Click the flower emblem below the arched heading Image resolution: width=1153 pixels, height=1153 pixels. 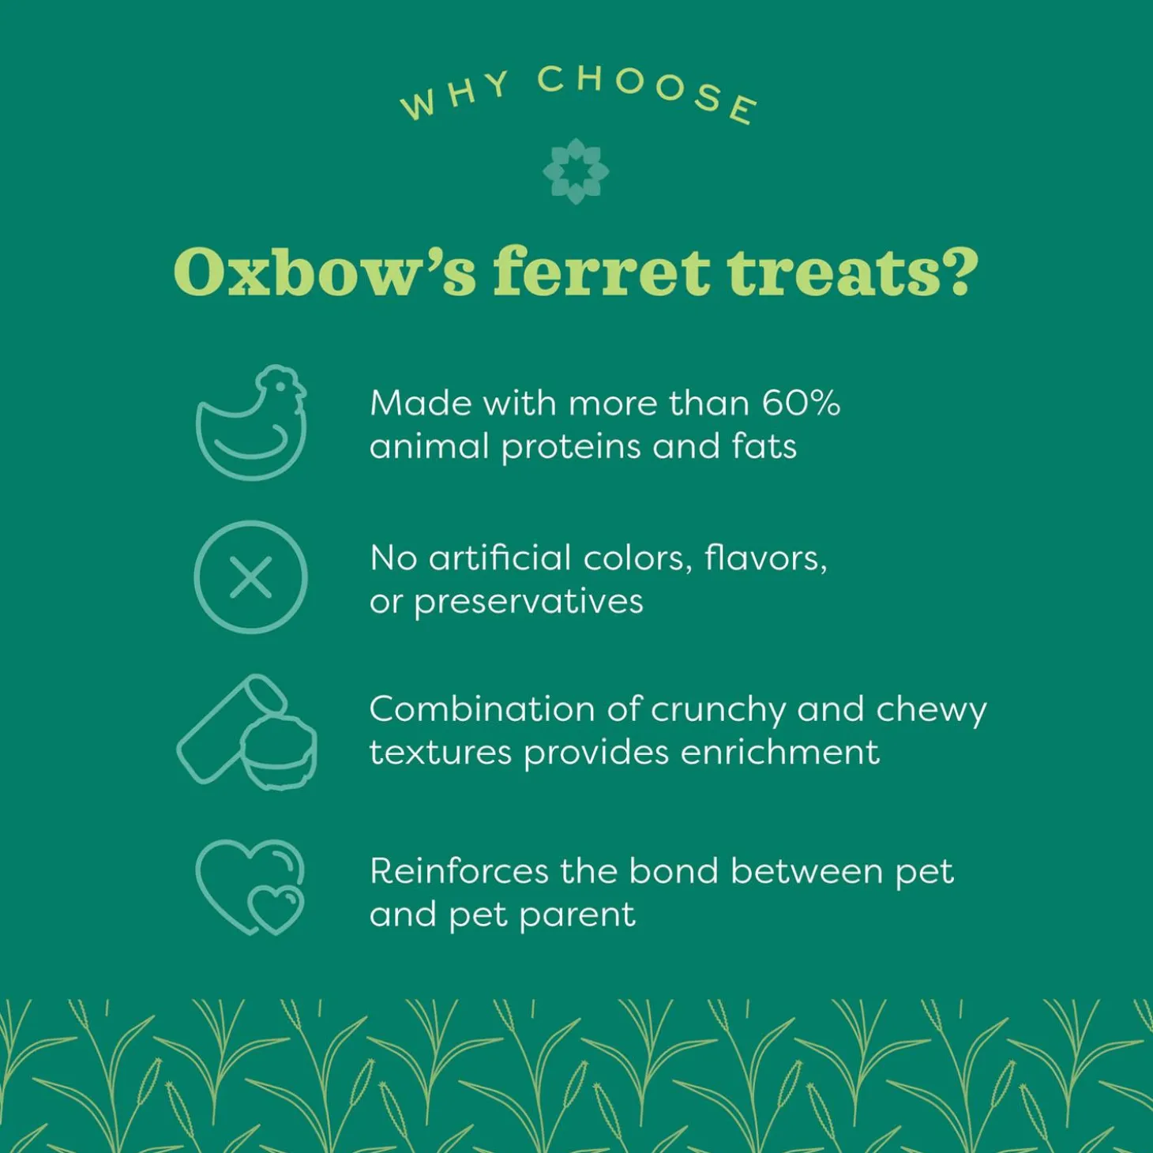click(576, 171)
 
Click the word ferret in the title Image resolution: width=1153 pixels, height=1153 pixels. click(601, 272)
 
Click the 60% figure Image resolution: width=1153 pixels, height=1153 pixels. click(801, 404)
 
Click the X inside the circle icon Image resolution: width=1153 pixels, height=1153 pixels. click(251, 577)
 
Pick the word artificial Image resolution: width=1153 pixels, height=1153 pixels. click(500, 558)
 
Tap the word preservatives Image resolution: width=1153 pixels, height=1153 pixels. click(528, 603)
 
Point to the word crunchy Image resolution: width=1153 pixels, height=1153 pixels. click(719, 710)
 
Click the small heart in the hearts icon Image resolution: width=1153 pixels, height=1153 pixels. click(276, 908)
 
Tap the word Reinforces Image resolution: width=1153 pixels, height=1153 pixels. click(459, 872)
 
